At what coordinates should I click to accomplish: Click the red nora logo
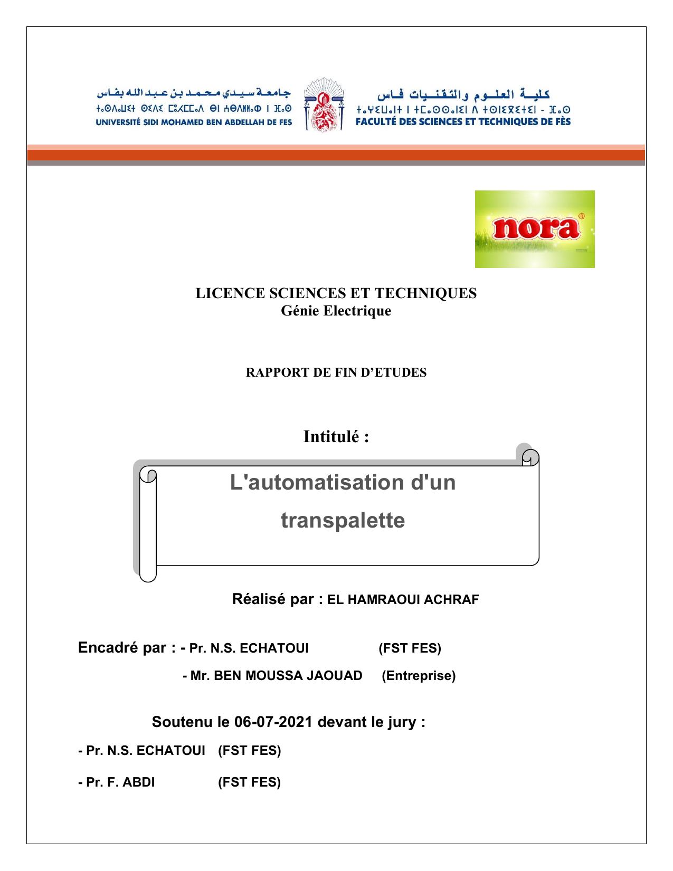534,228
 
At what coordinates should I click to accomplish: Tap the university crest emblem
324,104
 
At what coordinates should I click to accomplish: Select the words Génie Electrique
336,311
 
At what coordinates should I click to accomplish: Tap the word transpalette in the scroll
343,520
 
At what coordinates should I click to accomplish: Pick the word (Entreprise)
418,676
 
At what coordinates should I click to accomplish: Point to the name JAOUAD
338,676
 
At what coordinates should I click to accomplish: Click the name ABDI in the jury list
139,782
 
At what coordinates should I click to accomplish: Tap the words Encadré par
122,648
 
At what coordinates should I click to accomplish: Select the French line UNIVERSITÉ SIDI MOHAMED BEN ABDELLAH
194,122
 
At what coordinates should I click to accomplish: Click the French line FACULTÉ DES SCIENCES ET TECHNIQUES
463,121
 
